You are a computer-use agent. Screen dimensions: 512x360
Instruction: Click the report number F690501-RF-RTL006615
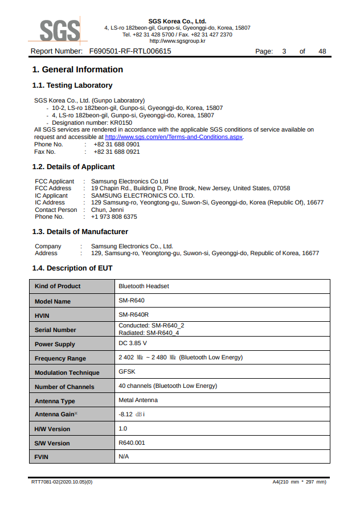130,51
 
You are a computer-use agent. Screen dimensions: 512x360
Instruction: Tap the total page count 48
322,51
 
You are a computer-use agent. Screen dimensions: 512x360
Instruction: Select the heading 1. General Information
77,69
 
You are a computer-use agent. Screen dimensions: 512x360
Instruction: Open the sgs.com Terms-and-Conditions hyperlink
174,137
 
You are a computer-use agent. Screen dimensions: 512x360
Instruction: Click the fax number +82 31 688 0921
116,151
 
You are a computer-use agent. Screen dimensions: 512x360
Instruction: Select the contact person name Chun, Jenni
107,210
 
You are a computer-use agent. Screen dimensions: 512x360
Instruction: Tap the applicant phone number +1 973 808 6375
114,216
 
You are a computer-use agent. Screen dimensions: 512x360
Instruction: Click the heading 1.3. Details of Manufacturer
80,232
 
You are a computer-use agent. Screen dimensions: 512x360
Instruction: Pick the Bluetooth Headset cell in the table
144,286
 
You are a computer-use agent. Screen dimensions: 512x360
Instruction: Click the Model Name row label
53,301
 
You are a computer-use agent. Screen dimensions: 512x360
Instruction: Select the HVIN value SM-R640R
133,314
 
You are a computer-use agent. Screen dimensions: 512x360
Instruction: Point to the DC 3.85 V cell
133,343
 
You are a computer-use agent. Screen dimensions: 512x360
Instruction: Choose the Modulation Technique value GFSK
127,372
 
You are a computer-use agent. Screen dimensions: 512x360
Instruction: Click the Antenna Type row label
55,401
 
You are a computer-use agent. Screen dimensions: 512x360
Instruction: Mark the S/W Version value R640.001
132,443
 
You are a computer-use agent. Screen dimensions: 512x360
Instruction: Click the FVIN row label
42,457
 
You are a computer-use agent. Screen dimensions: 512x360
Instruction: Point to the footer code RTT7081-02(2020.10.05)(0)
62,482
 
